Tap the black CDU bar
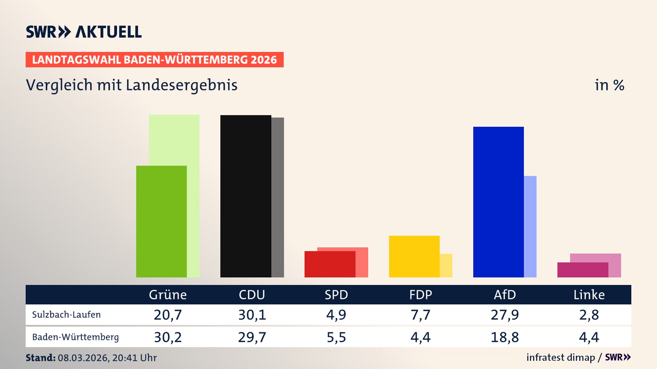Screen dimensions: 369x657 (246, 196)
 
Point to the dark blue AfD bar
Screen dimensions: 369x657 (498, 202)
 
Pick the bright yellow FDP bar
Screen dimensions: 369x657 (414, 256)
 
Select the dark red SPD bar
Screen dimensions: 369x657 (330, 264)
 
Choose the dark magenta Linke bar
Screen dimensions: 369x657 (582, 270)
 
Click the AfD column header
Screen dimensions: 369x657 (505, 295)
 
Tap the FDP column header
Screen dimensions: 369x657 (421, 295)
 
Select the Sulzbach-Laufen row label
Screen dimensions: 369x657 (66, 315)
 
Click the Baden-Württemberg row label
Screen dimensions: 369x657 (75, 337)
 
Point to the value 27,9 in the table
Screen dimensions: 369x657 (505, 315)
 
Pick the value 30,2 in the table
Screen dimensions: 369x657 (168, 337)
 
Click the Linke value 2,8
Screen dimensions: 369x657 (589, 315)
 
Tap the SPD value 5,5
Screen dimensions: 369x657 (336, 337)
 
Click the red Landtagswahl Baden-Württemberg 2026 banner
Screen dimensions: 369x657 (154, 59)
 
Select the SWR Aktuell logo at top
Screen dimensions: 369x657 (84, 32)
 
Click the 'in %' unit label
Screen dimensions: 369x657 (609, 85)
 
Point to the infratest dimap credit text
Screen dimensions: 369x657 (561, 357)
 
